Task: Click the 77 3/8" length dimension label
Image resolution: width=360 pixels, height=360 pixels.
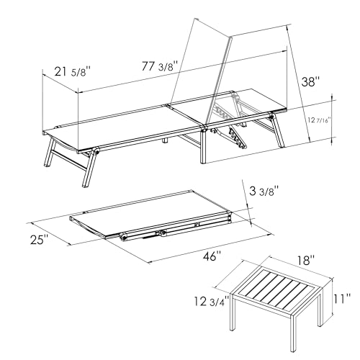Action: (159, 66)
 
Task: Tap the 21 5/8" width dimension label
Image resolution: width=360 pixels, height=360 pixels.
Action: (73, 71)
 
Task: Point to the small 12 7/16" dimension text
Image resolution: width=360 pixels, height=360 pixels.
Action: (319, 120)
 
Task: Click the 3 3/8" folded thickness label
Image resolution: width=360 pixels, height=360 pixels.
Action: (264, 192)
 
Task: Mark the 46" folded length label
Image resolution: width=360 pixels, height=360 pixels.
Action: (212, 256)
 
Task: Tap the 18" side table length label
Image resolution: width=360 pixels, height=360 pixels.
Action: (306, 261)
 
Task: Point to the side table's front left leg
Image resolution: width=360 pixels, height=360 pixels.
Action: (233, 312)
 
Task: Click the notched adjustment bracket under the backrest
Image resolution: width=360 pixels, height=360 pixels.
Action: (238, 139)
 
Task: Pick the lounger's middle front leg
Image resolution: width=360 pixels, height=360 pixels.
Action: (203, 147)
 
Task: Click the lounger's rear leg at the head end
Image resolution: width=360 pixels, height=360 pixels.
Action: (278, 131)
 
